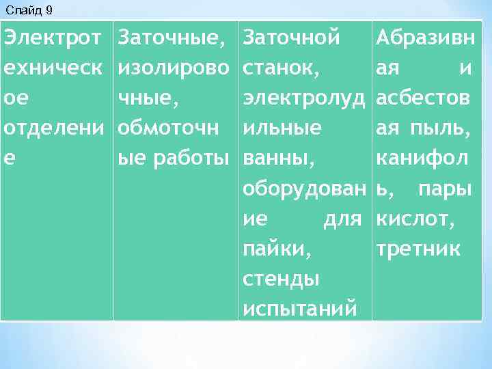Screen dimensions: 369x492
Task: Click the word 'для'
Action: tap(342, 218)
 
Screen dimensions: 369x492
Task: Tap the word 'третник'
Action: tap(419, 248)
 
